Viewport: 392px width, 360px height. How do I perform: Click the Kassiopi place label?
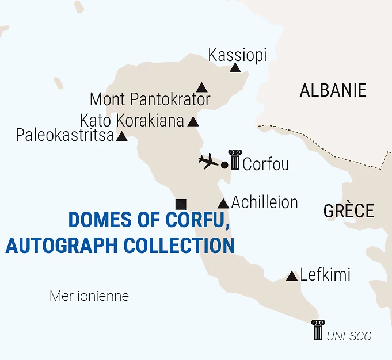click(237, 55)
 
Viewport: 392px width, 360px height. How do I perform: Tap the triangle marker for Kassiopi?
click(235, 68)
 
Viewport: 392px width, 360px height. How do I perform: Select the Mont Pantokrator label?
click(150, 99)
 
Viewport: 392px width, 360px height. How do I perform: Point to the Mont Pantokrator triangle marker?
click(201, 88)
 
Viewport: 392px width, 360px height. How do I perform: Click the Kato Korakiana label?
click(132, 121)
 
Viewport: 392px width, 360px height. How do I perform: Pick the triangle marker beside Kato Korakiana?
click(193, 122)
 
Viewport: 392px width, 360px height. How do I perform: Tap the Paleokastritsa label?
click(65, 136)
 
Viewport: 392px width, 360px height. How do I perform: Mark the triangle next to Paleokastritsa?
click(122, 137)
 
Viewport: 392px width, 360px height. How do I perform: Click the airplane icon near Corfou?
click(208, 162)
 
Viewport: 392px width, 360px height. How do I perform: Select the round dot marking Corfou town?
click(224, 166)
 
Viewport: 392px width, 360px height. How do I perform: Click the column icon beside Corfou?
click(235, 160)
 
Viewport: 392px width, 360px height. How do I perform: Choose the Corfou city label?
click(265, 164)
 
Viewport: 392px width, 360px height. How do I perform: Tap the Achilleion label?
click(264, 202)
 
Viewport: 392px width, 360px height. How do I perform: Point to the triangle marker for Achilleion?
click(223, 204)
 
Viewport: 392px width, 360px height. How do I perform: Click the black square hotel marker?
click(181, 204)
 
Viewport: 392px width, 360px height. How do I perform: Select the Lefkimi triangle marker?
click(292, 276)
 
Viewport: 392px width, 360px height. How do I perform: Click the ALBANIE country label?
click(333, 90)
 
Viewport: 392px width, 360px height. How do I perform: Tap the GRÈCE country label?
click(348, 210)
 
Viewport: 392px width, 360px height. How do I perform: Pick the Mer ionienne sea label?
click(89, 297)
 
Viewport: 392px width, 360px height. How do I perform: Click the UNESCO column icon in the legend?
click(317, 330)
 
